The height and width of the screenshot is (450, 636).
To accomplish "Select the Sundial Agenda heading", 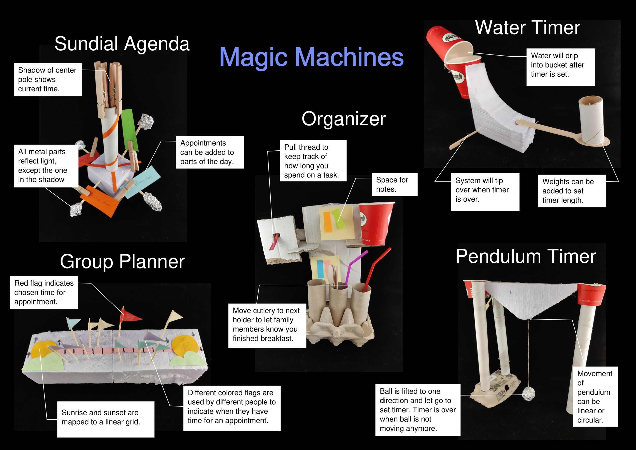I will coord(122,44).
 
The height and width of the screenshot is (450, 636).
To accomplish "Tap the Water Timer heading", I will coord(527,28).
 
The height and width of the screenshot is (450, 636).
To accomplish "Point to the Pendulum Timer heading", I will coord(526,256).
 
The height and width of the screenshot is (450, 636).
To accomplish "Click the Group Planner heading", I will coord(122,261).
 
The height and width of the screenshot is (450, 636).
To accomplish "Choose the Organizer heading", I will coord(343,119).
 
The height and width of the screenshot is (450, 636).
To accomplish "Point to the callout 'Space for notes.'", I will coord(394,185).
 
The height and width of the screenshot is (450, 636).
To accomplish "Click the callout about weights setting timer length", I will coord(571,191).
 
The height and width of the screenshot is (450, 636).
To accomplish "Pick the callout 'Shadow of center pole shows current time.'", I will coord(48,79).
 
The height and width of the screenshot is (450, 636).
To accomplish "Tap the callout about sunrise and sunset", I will coord(106,419).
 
